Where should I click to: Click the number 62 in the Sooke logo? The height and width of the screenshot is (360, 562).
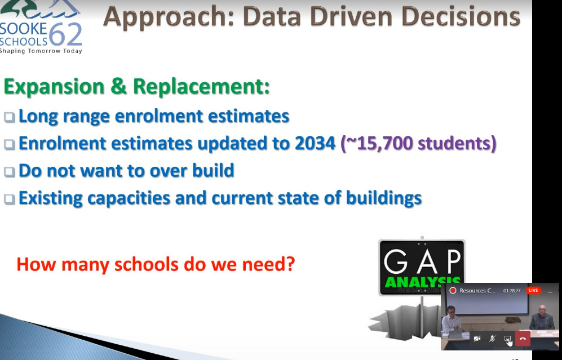point(65,35)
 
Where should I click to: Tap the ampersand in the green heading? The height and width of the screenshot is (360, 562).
point(118,86)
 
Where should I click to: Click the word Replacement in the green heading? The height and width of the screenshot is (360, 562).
point(201,87)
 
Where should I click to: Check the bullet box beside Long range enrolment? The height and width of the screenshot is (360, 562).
point(10,117)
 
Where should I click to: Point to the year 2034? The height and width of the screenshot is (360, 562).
point(315,143)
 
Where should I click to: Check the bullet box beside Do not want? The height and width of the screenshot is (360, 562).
point(10,172)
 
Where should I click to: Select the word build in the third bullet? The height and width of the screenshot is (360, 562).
point(213,170)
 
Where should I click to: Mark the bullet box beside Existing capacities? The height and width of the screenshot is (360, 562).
point(10,199)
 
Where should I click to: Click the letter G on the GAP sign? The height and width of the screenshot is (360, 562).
point(396,262)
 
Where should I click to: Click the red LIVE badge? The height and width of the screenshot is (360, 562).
point(533,290)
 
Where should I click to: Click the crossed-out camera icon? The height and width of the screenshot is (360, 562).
point(477,339)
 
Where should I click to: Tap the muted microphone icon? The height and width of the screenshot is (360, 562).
point(492,339)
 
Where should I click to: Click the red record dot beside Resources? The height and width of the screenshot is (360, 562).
point(453,291)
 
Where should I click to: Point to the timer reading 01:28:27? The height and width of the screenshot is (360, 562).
point(512,291)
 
